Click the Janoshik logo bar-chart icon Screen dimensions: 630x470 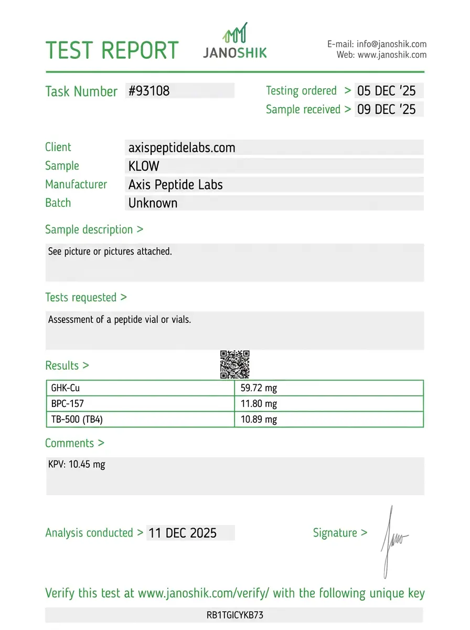235,33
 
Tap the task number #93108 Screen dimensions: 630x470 149,91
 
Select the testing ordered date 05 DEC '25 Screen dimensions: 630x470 386,91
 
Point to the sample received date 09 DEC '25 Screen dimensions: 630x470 386,109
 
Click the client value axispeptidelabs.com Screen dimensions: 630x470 181,148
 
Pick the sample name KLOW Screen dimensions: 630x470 144,166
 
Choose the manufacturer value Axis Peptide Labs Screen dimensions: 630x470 175,185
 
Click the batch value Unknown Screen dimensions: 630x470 153,203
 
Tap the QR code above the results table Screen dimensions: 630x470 234,364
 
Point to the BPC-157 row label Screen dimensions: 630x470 67,404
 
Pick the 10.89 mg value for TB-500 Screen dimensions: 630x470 259,419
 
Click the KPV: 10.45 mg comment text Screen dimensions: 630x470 77,465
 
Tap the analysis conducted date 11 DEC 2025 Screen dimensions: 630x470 183,533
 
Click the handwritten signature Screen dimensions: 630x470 392,541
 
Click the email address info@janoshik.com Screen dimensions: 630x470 391,44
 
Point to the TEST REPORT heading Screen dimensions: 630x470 112,50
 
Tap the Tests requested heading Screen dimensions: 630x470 86,297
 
